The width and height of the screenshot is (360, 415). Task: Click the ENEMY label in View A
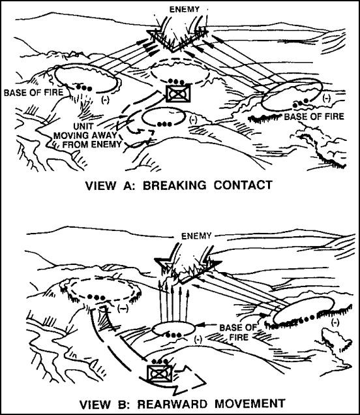point(185,10)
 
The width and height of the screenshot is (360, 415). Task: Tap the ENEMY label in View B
point(196,236)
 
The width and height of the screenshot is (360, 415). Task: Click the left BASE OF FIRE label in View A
point(34,93)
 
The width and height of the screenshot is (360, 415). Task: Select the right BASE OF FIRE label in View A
point(314,116)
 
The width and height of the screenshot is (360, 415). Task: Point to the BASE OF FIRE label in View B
point(238,332)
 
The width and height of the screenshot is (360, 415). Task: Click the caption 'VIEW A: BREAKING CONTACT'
point(179,185)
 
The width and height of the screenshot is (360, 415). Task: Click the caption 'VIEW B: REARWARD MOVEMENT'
point(182,404)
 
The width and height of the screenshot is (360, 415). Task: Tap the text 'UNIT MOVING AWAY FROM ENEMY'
point(87,135)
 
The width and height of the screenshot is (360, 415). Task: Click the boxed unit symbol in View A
point(178,93)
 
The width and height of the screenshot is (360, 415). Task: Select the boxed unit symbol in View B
point(160,374)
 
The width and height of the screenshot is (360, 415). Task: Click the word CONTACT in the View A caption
point(243,185)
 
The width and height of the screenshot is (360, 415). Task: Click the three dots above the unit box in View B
point(160,361)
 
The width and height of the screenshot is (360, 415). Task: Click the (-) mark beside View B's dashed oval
point(123,309)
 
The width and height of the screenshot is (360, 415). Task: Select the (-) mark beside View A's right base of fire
point(327,98)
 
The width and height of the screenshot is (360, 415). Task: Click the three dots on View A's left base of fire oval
point(84,87)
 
